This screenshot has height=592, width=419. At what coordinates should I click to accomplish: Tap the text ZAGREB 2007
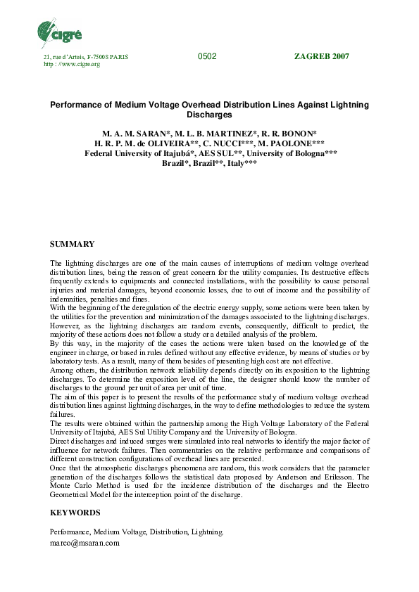320,56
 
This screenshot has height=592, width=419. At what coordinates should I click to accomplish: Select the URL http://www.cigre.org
72,64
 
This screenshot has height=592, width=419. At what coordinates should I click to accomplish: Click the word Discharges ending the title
209,115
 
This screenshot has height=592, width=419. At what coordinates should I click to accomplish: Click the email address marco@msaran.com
85,543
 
